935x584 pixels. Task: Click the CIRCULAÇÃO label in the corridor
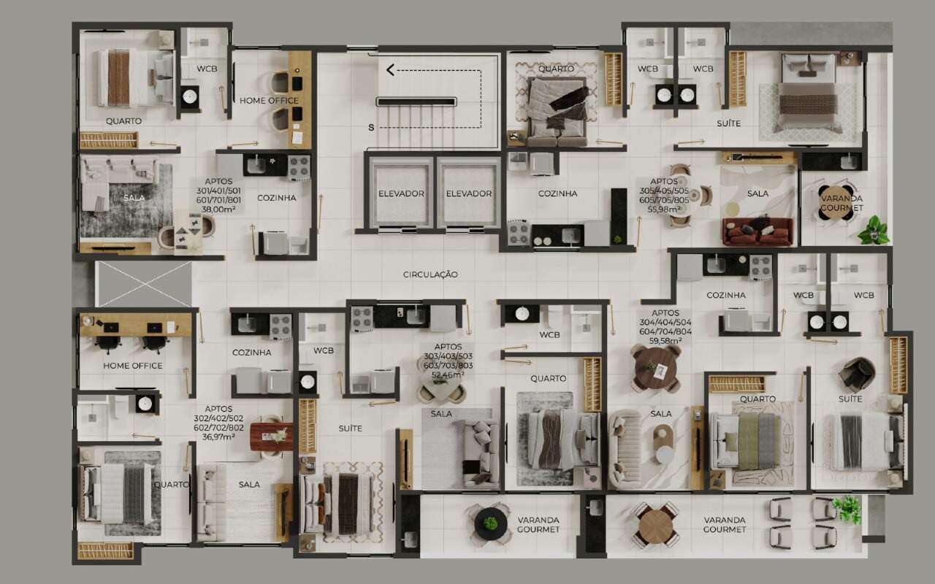[430, 274]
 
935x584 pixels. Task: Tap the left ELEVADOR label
[401, 193]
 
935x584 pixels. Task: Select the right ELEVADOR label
[469, 193]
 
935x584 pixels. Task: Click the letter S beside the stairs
[371, 128]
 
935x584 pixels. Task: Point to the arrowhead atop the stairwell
[390, 69]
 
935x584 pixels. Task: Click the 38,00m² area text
[218, 210]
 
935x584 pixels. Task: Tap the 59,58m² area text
[665, 341]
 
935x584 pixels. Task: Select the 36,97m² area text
[218, 437]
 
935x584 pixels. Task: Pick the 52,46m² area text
[448, 374]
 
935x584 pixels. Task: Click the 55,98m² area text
[664, 210]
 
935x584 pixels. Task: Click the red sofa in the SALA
[757, 231]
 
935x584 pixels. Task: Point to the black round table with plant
[490, 523]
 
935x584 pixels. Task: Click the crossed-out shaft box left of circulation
[143, 285]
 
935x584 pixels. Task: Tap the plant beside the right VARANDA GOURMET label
[847, 509]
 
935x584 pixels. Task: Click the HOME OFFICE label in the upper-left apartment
[269, 101]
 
